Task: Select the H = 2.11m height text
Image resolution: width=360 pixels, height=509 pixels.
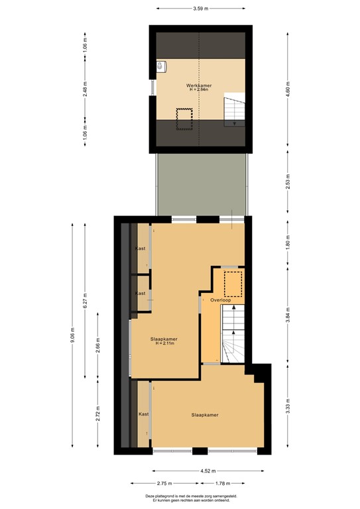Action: [163, 344]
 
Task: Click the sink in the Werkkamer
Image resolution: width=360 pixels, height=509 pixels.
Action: [161, 66]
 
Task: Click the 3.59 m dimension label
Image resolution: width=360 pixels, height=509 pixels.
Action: [201, 9]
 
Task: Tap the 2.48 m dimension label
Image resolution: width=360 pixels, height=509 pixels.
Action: [85, 93]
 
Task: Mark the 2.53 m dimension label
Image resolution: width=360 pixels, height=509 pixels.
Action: [287, 185]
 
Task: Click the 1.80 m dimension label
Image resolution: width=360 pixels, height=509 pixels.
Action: [287, 243]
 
